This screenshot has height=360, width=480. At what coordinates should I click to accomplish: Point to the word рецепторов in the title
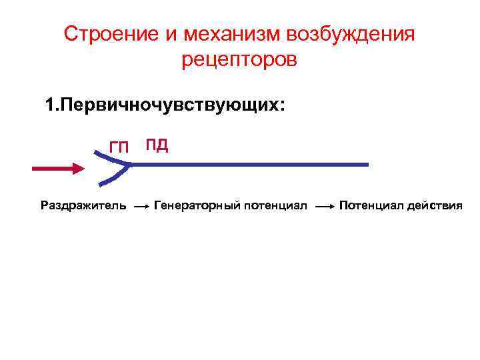(239, 60)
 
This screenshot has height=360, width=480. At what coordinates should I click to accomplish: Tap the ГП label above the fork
(119, 147)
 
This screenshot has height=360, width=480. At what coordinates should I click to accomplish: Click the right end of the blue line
(365, 165)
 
